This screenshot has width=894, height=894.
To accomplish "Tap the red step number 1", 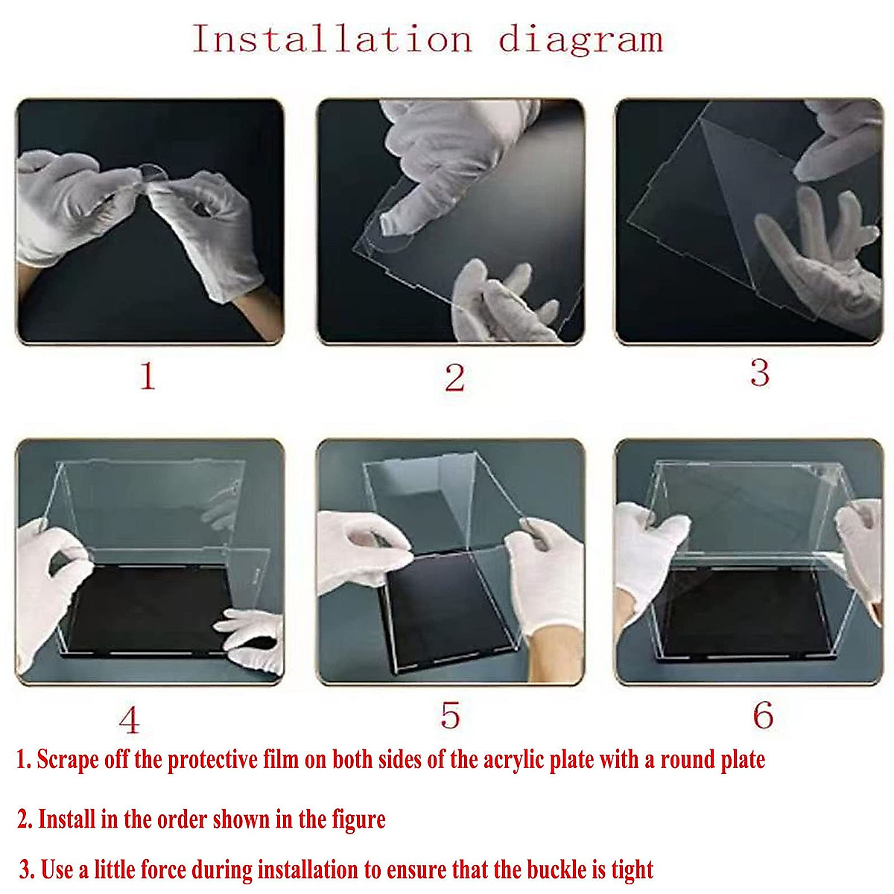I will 148,376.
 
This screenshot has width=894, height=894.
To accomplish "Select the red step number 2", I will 454,378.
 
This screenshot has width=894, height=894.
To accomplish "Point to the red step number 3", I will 759,372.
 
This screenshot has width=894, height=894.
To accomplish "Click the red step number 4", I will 129,720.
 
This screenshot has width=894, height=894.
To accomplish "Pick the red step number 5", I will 450,715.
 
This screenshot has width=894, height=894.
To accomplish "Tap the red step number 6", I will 762,716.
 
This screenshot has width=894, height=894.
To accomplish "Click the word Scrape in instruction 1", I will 68,760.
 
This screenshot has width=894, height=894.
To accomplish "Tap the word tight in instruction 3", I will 632,869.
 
